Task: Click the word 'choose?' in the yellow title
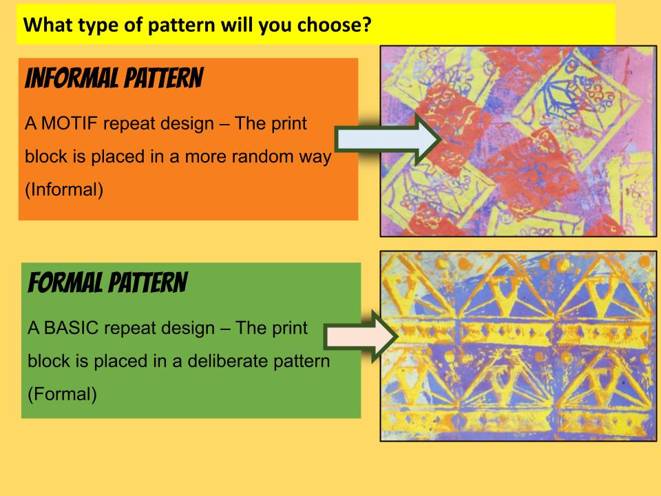[x=335, y=25]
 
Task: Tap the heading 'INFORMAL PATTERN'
[x=114, y=79]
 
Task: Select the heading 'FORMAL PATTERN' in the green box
[x=107, y=282]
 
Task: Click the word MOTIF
[x=70, y=123]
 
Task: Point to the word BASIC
[x=71, y=328]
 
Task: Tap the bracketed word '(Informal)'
[x=64, y=190]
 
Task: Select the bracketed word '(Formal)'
[x=63, y=394]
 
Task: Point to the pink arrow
[x=361, y=336]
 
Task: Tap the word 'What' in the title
[x=48, y=25]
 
